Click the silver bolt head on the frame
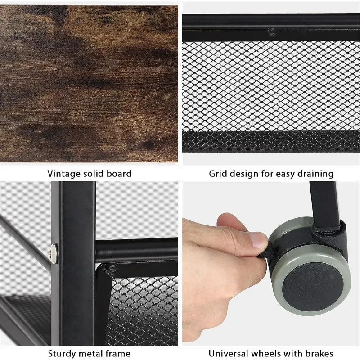[54, 253]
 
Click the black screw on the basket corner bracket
[112, 267]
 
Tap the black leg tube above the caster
[324, 204]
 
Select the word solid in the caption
[93, 174]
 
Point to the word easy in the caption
[285, 175]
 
